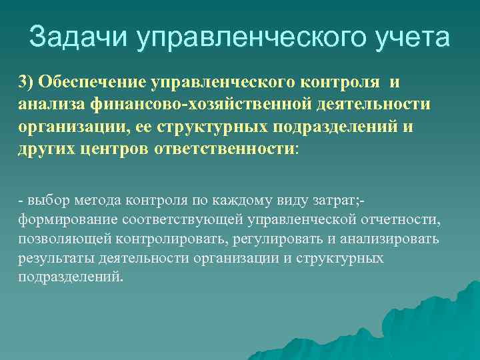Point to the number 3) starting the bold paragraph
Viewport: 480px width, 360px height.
click(26, 82)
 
